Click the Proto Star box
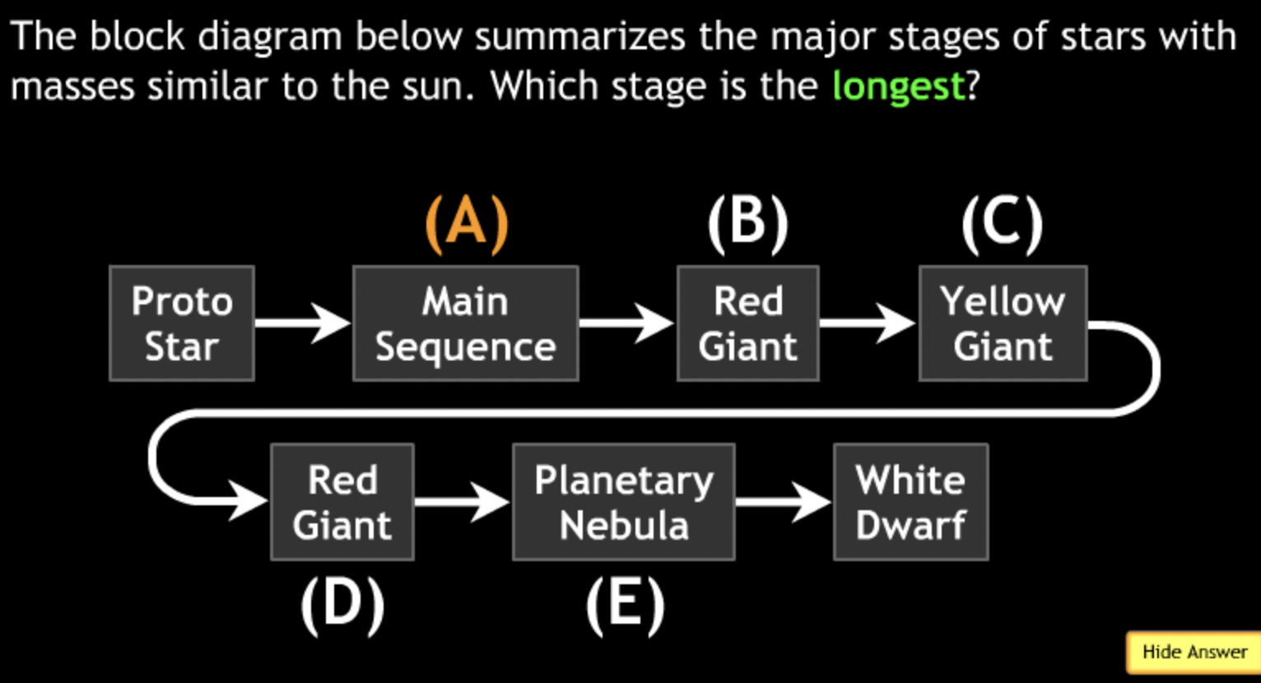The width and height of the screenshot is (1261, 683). [x=182, y=323]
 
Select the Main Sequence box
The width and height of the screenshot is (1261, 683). [x=466, y=323]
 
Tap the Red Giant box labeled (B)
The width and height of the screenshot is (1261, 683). [x=747, y=323]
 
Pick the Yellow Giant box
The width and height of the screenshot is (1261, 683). [x=1003, y=323]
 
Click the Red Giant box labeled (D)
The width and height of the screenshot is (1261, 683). [x=342, y=502]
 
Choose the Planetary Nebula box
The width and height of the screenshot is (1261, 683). [x=624, y=502]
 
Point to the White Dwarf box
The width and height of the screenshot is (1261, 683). [x=910, y=502]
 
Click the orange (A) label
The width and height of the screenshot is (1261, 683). [x=467, y=223]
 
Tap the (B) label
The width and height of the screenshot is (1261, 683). [x=747, y=223]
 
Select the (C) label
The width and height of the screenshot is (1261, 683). [x=1003, y=223]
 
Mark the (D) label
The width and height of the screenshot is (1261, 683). [x=342, y=606]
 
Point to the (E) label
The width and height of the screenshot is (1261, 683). [x=625, y=606]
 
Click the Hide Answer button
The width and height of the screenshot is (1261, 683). [x=1194, y=653]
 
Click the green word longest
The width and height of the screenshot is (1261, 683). [x=898, y=86]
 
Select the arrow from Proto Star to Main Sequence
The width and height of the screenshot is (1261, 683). [x=302, y=322]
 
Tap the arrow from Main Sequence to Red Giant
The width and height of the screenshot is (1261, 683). [x=626, y=322]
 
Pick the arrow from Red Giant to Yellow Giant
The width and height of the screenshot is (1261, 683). [x=868, y=322]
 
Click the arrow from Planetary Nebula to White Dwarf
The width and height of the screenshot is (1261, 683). [x=783, y=500]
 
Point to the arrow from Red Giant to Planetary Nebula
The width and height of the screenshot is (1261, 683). [x=462, y=500]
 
